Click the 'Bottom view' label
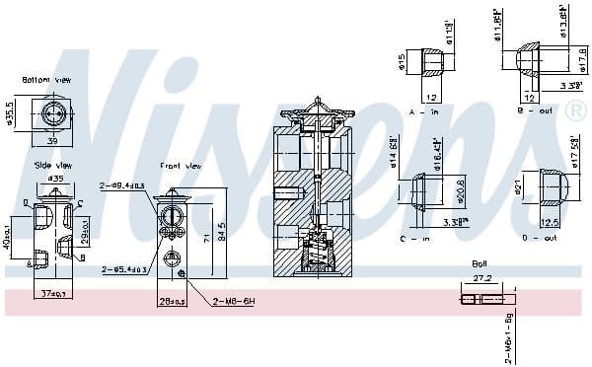point(46,79)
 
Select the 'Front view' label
point(180,166)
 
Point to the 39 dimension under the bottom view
point(52,141)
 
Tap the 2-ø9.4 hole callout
point(122,185)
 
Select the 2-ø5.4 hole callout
point(122,268)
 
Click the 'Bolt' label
point(480,263)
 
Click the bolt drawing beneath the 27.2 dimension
point(485,299)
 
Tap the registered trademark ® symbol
point(575,110)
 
